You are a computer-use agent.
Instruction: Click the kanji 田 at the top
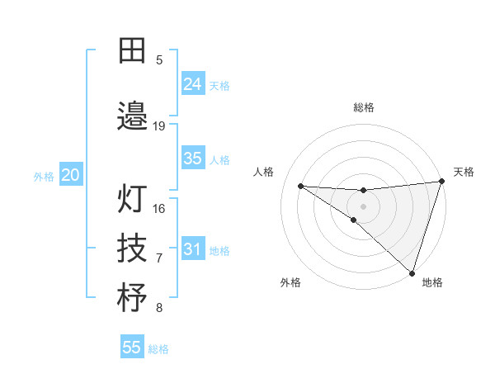(132, 51)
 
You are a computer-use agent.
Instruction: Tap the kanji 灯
(132, 199)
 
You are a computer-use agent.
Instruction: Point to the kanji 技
(132, 248)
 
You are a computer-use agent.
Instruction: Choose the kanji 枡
(132, 297)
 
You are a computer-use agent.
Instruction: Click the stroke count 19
(159, 126)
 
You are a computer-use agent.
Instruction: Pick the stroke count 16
(159, 209)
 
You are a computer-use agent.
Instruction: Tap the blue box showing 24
(193, 84)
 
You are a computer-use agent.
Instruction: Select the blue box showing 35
(193, 159)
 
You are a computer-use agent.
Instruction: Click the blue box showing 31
(193, 249)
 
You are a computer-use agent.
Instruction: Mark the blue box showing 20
(71, 175)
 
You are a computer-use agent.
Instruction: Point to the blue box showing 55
(132, 348)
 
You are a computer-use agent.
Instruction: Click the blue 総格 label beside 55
(158, 349)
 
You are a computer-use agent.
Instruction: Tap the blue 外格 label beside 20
(44, 177)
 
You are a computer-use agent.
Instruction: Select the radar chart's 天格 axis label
(464, 172)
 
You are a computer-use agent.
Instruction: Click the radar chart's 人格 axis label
(264, 172)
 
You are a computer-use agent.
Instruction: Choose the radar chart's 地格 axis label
(432, 282)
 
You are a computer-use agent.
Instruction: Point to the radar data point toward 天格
(441, 182)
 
